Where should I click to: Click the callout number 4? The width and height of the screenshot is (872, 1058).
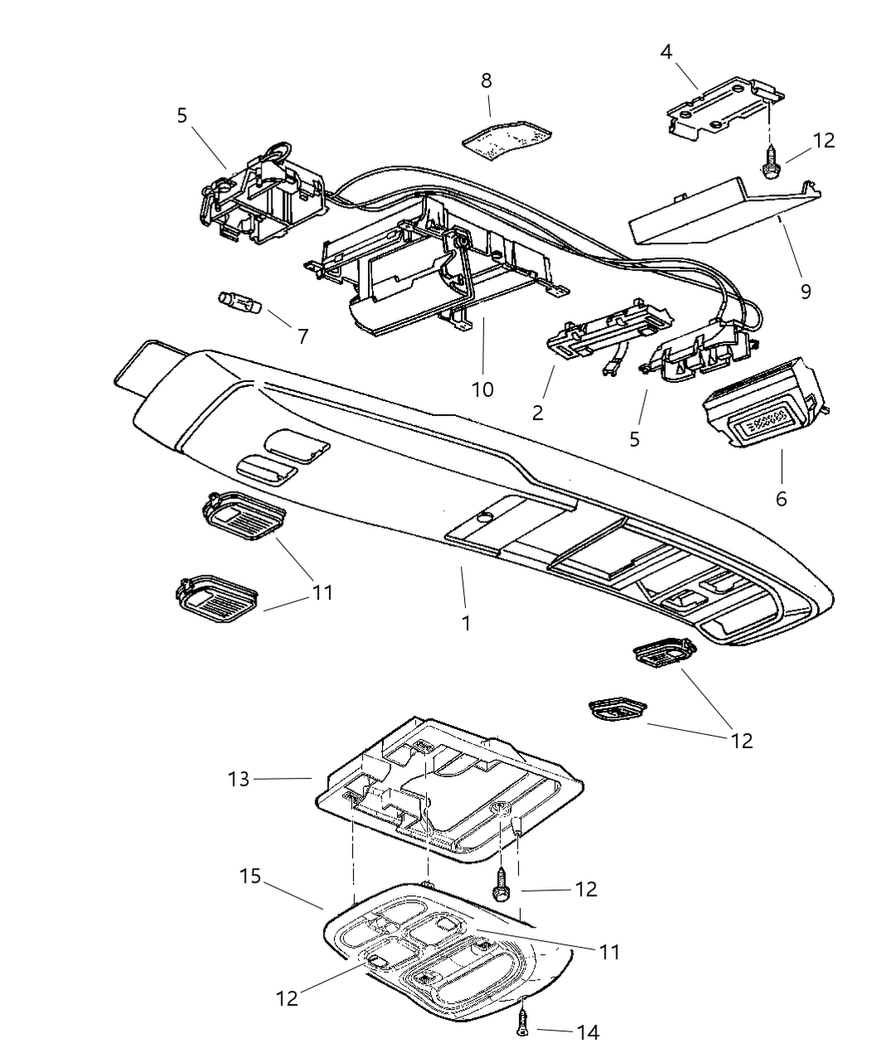[666, 51]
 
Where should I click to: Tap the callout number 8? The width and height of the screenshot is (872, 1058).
[486, 81]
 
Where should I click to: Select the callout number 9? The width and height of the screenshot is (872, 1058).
[805, 291]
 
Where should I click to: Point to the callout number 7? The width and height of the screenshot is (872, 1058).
[302, 336]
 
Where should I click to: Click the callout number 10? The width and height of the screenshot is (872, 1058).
[483, 389]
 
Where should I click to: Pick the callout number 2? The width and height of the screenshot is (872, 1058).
[538, 412]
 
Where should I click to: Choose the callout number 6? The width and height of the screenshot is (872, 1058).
[781, 498]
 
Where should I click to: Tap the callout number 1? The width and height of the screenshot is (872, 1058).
[466, 622]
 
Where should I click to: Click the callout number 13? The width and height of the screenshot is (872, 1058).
[238, 780]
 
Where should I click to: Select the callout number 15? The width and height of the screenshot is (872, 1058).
[250, 875]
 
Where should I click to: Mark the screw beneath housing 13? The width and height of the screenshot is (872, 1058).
[502, 884]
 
